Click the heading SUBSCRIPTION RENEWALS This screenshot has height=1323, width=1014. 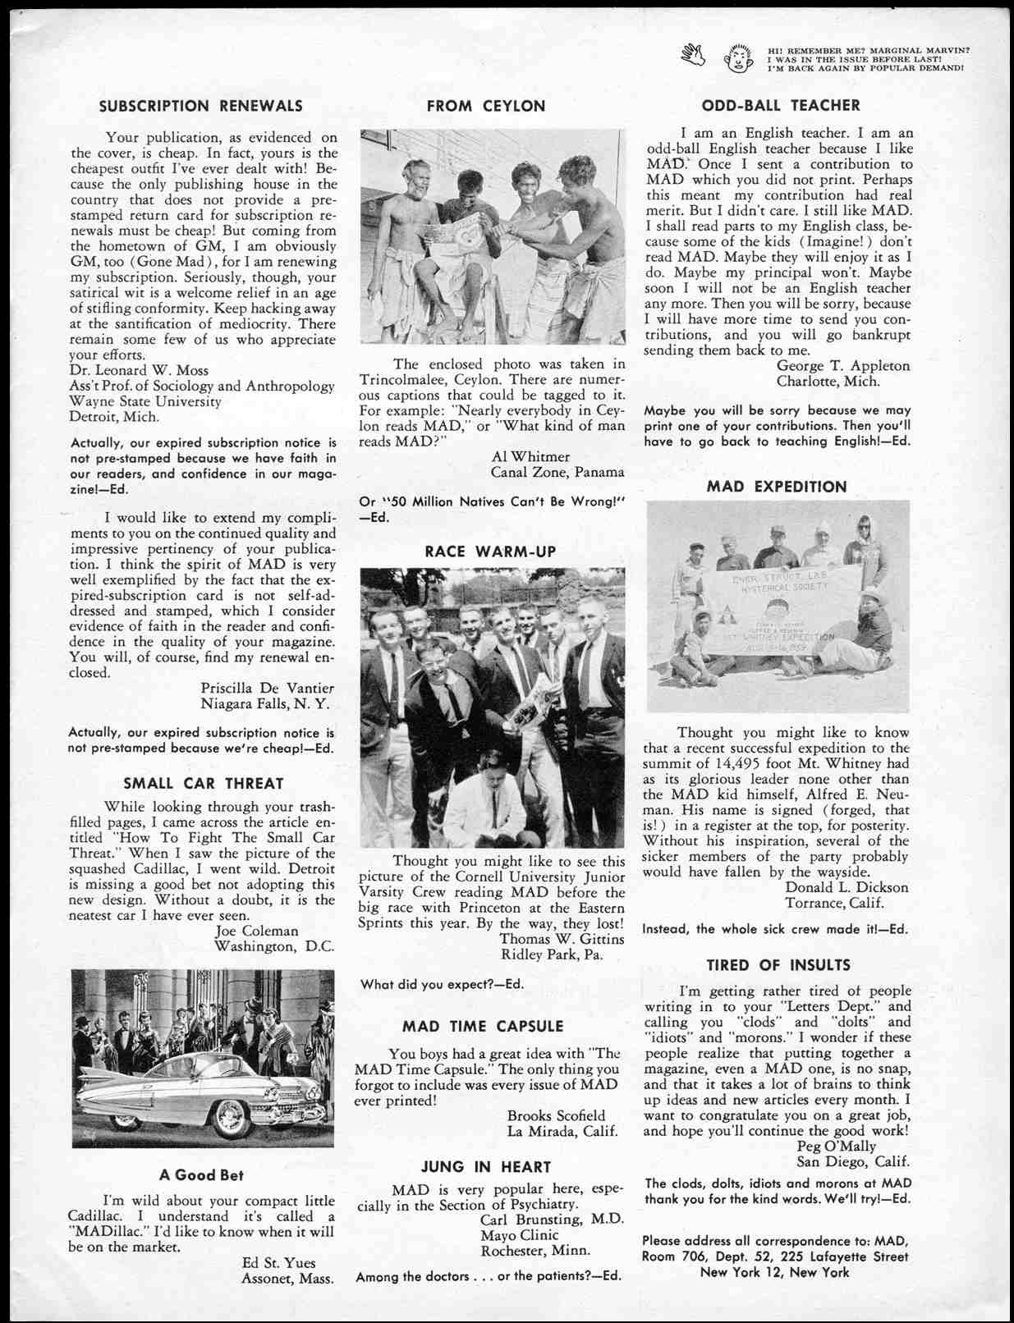click(200, 106)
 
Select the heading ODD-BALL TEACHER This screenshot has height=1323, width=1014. click(780, 105)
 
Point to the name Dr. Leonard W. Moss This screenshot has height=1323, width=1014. click(139, 370)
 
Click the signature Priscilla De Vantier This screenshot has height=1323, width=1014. click(267, 688)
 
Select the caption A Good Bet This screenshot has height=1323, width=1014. click(201, 1174)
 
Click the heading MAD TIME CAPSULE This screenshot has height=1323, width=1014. click(483, 1026)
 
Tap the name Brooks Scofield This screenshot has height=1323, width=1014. click(556, 1115)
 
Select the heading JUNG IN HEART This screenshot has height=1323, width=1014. click(486, 1166)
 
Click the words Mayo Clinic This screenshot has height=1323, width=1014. click(519, 1235)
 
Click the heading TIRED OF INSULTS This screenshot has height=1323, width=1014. click(778, 965)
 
